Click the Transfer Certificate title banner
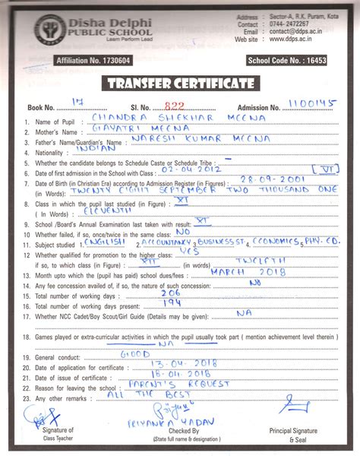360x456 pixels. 180,83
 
